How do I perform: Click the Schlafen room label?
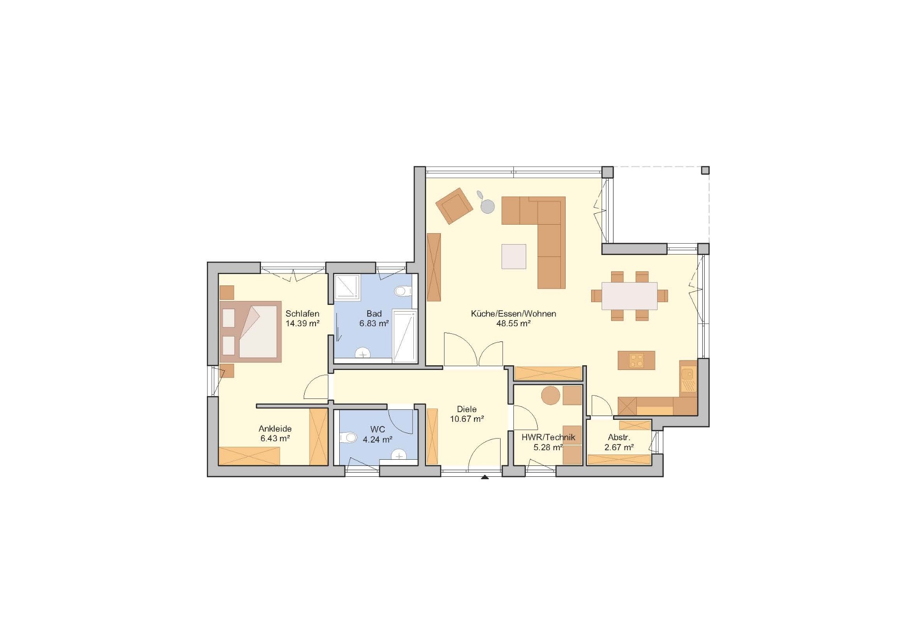tap(302, 314)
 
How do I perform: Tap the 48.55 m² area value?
tap(513, 323)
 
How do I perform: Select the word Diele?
tap(467, 409)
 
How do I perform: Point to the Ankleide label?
tap(275, 429)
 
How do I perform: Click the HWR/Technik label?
tap(548, 437)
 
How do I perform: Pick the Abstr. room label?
tap(619, 437)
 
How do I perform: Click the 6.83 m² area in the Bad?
tap(374, 323)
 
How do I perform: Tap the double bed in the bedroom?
tap(251, 331)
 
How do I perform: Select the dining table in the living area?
tap(630, 296)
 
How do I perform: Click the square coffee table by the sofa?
tap(514, 256)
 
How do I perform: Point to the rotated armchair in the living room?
tap(455, 205)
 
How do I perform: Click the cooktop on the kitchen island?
tap(636, 360)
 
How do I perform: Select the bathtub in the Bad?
tap(405, 336)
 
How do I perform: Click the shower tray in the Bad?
tap(348, 287)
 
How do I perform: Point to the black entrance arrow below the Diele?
tap(484, 477)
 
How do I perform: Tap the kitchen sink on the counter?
tap(688, 375)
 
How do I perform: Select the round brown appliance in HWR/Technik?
tap(551, 396)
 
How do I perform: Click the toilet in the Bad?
tap(403, 291)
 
